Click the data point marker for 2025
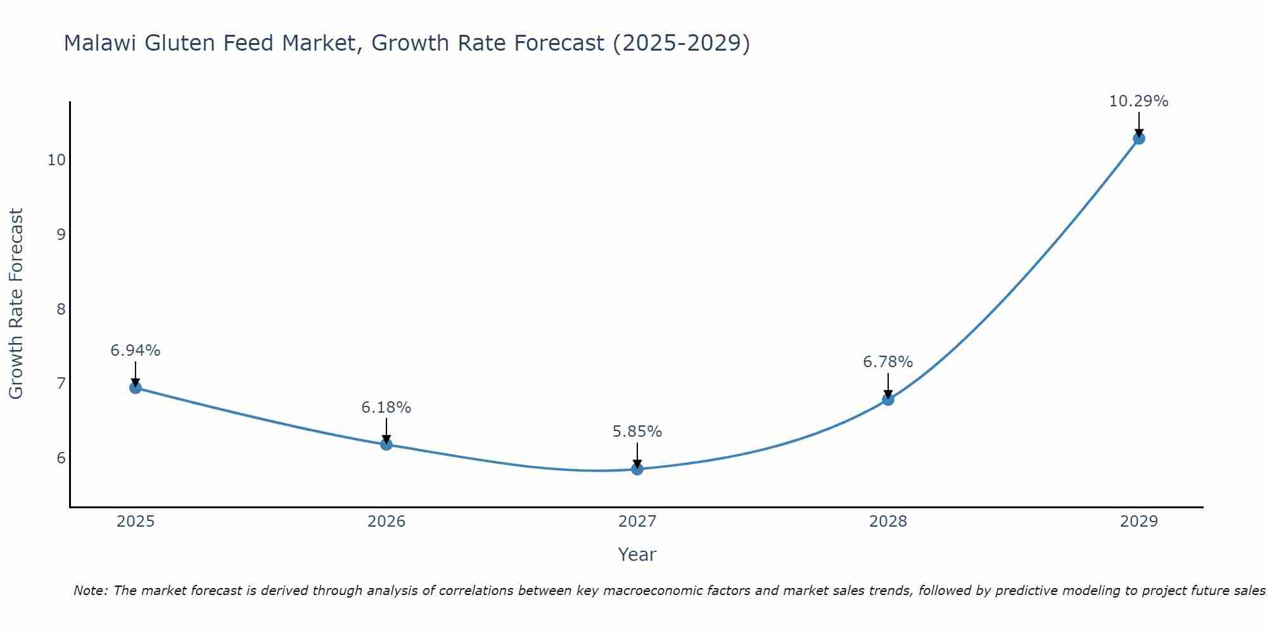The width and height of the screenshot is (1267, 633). click(135, 387)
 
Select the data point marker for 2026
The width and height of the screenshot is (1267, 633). click(386, 444)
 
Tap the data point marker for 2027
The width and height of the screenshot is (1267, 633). click(637, 469)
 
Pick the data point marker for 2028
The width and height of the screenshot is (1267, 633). click(888, 399)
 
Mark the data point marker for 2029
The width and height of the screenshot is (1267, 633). click(1139, 138)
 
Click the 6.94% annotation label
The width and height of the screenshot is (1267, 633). click(136, 350)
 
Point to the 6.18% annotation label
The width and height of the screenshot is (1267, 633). click(386, 408)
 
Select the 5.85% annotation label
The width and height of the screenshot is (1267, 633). click(637, 432)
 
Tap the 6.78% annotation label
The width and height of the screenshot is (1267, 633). click(888, 362)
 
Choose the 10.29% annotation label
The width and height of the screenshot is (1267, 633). click(1139, 101)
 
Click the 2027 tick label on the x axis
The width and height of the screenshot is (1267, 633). click(637, 522)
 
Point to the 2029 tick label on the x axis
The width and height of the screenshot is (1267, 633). click(1139, 522)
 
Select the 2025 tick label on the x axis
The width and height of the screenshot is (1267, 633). click(136, 522)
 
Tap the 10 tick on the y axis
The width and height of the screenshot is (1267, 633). click(56, 160)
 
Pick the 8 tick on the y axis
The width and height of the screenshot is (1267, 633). click(61, 309)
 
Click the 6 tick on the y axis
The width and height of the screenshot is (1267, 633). click(61, 458)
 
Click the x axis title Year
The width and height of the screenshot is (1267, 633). click(637, 555)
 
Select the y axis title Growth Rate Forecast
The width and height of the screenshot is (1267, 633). click(16, 303)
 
